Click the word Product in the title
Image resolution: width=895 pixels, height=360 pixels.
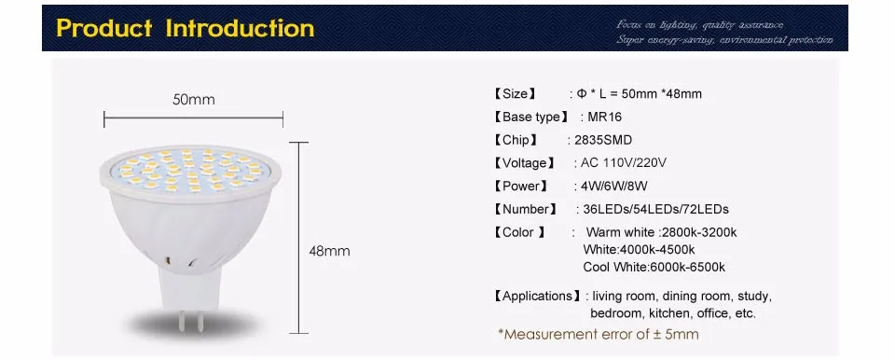click(104, 29)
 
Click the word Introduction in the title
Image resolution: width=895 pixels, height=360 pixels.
click(241, 29)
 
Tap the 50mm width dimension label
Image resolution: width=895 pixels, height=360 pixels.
click(194, 99)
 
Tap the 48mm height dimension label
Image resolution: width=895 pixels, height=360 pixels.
click(329, 251)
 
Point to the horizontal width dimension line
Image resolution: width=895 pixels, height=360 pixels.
click(193, 118)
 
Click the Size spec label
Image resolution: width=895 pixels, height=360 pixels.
click(515, 93)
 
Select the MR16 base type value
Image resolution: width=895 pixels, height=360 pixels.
click(603, 117)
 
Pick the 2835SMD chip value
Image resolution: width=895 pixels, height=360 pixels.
click(603, 140)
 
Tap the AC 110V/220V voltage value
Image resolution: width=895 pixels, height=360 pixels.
click(625, 162)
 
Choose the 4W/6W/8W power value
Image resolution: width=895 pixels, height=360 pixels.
click(614, 186)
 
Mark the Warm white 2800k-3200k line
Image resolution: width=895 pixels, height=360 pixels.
click(661, 231)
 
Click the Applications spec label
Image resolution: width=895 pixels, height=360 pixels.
click(536, 297)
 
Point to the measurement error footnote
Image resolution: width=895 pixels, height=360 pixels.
click(599, 334)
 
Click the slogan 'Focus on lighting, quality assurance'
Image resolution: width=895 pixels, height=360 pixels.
click(700, 23)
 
